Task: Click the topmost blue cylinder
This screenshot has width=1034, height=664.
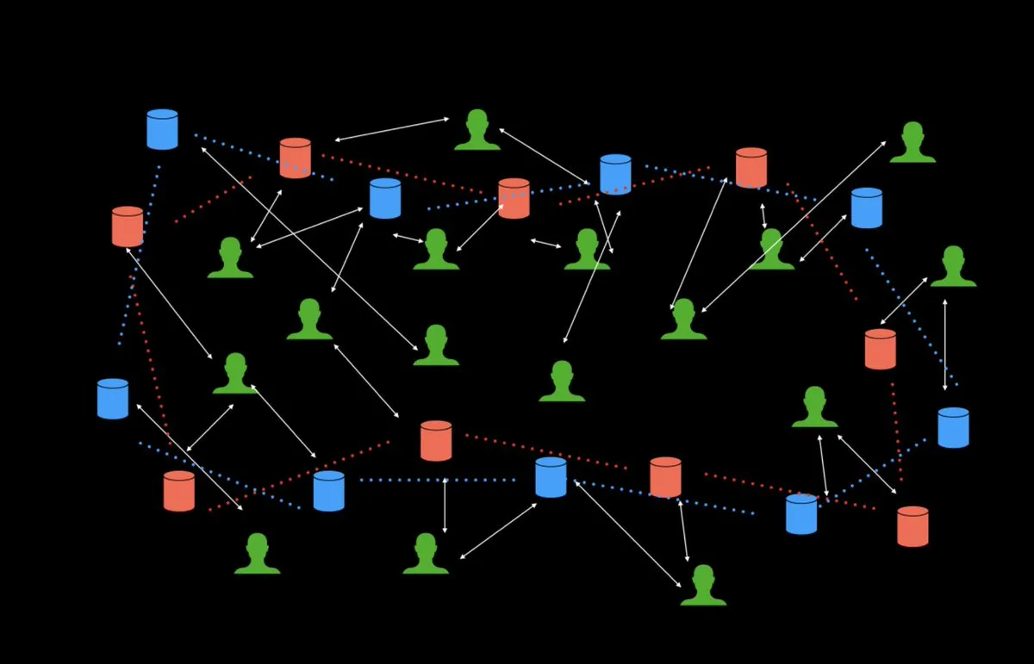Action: point(162,129)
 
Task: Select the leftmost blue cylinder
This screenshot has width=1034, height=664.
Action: point(113,399)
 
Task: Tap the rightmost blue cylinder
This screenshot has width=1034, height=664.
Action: point(953,428)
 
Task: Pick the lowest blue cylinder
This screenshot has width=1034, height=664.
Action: point(801,514)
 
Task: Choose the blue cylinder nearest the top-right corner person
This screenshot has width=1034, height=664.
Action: point(866,208)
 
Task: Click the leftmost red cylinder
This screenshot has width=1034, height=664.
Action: point(128,227)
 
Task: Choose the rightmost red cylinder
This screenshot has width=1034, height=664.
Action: point(913,526)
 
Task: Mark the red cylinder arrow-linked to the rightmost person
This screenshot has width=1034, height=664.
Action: point(880,349)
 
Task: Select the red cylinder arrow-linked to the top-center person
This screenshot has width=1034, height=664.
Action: point(295,158)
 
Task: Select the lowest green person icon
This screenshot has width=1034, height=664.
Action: point(703,586)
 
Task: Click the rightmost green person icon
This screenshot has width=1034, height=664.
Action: point(953,267)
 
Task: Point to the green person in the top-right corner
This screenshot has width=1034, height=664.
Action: point(913,143)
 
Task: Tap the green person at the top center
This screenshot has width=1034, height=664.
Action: point(477,130)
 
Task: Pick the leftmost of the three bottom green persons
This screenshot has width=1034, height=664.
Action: point(257,554)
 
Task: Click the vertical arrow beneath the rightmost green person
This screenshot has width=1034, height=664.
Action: point(945,344)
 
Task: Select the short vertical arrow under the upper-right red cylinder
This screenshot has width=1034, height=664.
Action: point(763,215)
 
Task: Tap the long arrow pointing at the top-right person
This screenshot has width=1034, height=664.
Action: point(794,227)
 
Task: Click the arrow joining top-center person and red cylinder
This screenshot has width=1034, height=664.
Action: point(392,129)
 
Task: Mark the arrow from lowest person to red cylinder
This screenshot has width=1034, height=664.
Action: point(683,531)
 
